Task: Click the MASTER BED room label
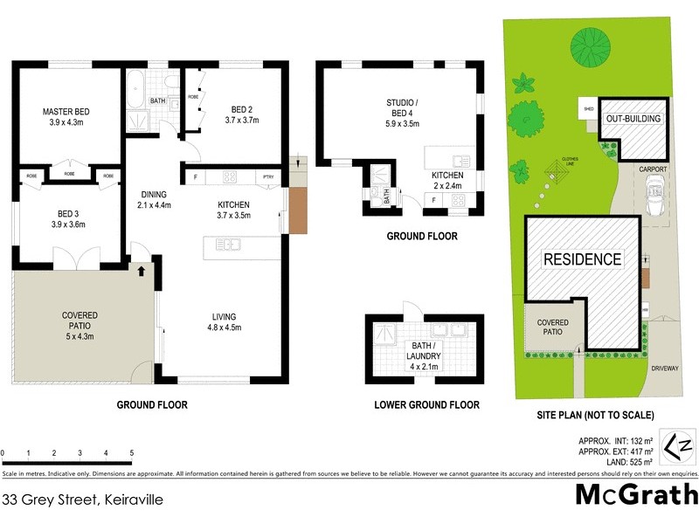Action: pos(66,112)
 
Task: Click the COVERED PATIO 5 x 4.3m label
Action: pos(80,325)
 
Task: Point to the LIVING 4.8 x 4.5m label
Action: pos(224,322)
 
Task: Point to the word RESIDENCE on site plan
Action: pos(582,259)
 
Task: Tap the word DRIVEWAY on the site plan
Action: pos(664,369)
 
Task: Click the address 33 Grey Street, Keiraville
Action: pos(83,500)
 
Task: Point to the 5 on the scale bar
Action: pos(131,453)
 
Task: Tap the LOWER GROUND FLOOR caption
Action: pos(426,405)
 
